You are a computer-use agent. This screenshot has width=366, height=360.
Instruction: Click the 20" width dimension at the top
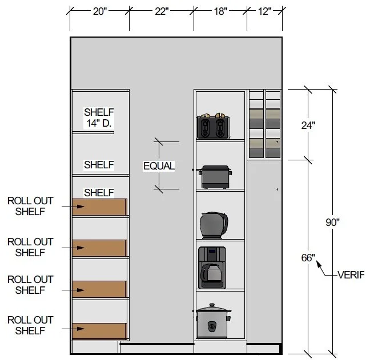[x=100, y=13]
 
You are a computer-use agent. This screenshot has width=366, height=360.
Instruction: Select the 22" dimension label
[x=162, y=13]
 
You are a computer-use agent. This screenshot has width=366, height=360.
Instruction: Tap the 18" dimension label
[x=220, y=13]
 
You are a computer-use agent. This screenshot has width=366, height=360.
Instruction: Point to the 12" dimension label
[x=265, y=13]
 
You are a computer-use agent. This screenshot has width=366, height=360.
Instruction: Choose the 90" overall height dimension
[x=333, y=223]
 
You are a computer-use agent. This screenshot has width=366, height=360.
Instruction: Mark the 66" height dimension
[x=308, y=258]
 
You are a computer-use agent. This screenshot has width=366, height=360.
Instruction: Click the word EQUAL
[x=159, y=166]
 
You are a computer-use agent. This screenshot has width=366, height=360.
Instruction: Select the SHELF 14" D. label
[x=99, y=117]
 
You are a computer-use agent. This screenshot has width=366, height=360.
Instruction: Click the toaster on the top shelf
[x=213, y=127]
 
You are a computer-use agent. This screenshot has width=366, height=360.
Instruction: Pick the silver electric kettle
[x=214, y=225]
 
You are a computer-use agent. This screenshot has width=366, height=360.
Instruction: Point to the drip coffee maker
[x=212, y=267]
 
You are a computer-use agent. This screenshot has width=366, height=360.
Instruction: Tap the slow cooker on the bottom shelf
[x=212, y=323]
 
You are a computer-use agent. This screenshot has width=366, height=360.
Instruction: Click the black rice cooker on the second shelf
[x=215, y=177]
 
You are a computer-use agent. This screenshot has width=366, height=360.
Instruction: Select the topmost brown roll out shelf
[x=99, y=207]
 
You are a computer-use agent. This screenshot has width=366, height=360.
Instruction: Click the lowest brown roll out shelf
[x=99, y=330]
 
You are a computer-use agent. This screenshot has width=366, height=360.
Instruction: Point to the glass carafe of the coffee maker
[x=212, y=274]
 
